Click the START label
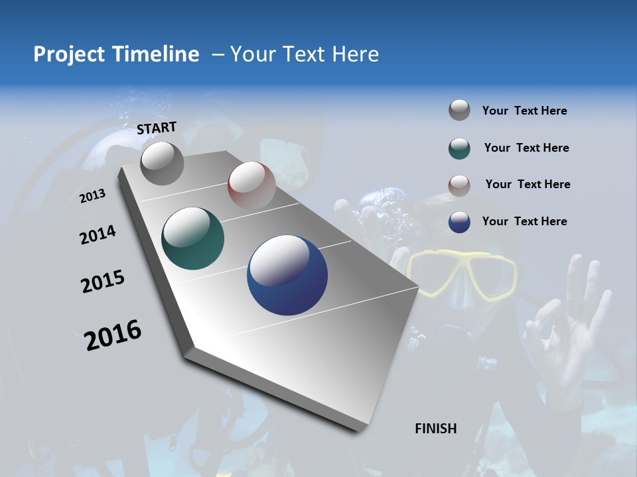tap(157, 128)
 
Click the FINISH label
tap(436, 429)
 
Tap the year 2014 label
tap(98, 235)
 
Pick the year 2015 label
tap(103, 282)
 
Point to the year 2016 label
tap(113, 335)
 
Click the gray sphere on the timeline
tap(162, 163)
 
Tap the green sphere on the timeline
tap(192, 238)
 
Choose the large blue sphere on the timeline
tap(287, 275)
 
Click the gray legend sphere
tap(459, 111)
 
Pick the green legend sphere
tap(459, 148)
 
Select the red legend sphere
tap(459, 185)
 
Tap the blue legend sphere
tap(459, 222)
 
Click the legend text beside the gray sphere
tap(524, 111)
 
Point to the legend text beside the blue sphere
tap(524, 221)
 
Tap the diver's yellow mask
tap(462, 274)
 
